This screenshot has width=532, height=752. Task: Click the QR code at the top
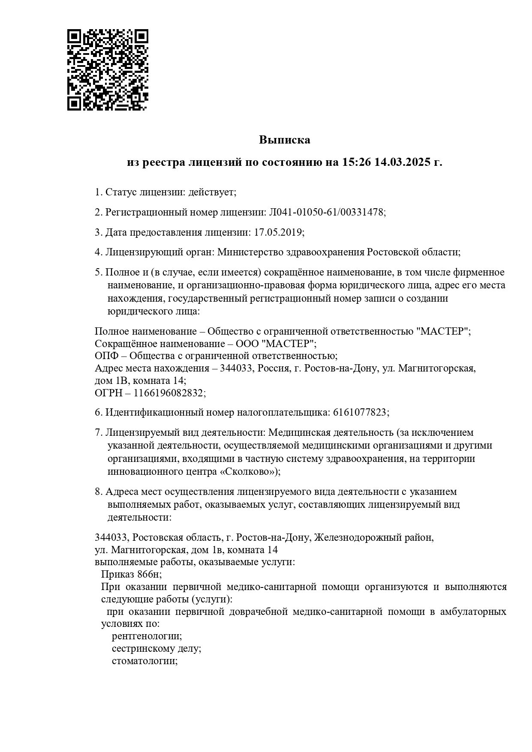(108, 70)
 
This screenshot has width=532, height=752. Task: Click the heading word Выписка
(284, 140)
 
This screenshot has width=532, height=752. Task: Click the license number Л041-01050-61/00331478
(326, 212)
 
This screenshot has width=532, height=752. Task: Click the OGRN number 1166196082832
(169, 393)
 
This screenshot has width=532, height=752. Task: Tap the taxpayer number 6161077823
(360, 413)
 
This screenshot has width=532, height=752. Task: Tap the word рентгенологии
(146, 636)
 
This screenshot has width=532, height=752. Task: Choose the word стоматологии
(144, 661)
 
